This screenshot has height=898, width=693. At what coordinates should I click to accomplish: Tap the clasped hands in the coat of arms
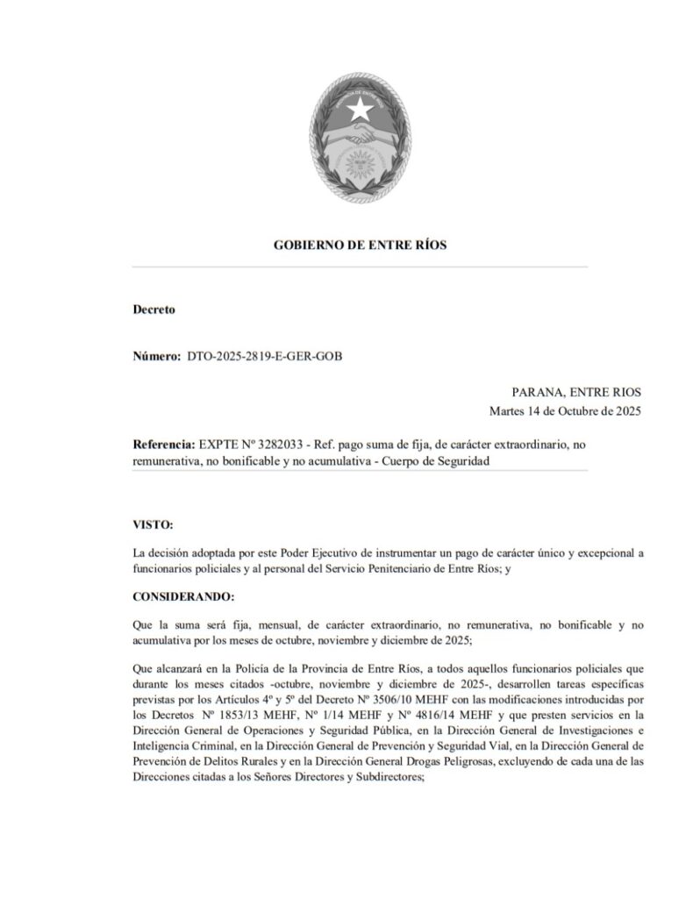359,138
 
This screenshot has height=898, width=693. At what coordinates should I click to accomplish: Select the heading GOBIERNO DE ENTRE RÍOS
360,246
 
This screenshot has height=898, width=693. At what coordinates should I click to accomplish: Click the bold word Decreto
154,310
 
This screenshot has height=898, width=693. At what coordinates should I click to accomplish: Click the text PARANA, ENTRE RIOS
576,392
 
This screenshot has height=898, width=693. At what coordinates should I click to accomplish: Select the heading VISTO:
153,524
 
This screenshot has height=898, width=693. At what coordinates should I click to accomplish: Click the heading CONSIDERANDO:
183,596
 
